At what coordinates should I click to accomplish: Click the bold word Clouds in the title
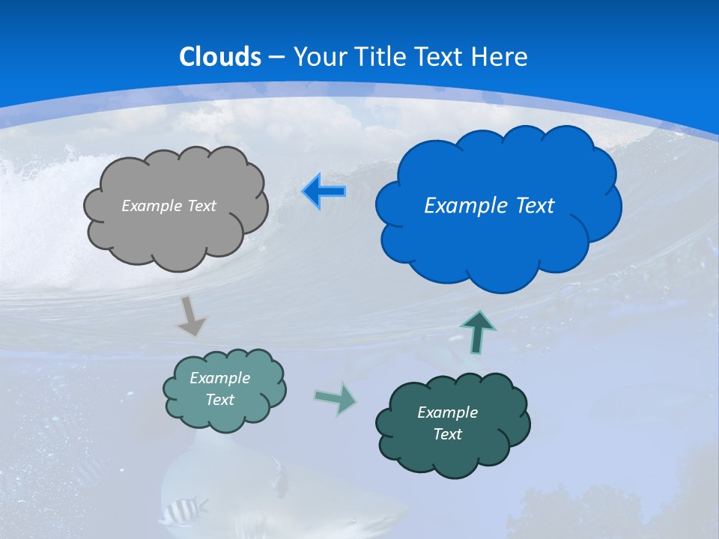click(220, 57)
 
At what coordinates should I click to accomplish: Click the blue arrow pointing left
click(324, 192)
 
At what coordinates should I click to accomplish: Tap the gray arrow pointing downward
click(191, 316)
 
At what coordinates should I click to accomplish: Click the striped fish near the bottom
click(180, 511)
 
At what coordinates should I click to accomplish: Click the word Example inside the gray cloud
click(150, 206)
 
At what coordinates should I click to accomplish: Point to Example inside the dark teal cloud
click(447, 412)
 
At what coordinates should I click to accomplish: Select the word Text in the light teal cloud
click(220, 400)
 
